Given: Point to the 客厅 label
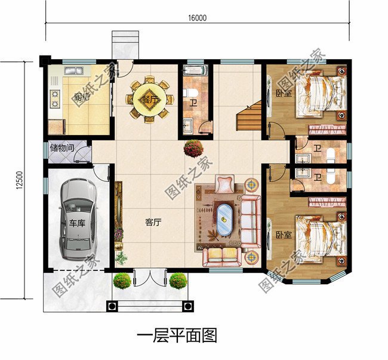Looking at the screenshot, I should click(x=153, y=222).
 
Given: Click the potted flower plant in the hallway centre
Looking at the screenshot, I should click(x=193, y=146).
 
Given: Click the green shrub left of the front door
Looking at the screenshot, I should click(x=122, y=281).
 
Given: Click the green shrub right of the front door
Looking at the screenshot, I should click(x=177, y=281).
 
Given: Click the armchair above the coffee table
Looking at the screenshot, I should click(x=225, y=184).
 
